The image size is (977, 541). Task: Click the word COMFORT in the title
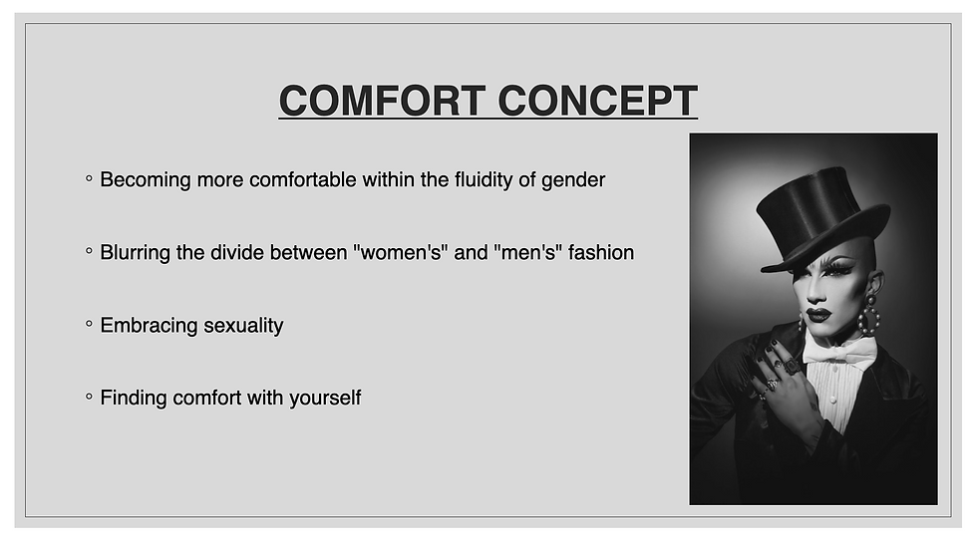(381, 102)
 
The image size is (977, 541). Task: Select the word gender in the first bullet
(571, 180)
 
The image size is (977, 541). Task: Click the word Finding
(134, 399)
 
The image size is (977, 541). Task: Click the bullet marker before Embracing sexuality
(89, 325)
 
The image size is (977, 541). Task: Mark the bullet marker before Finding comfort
(89, 398)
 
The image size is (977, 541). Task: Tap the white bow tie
(839, 352)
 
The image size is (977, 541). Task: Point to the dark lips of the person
(819, 315)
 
